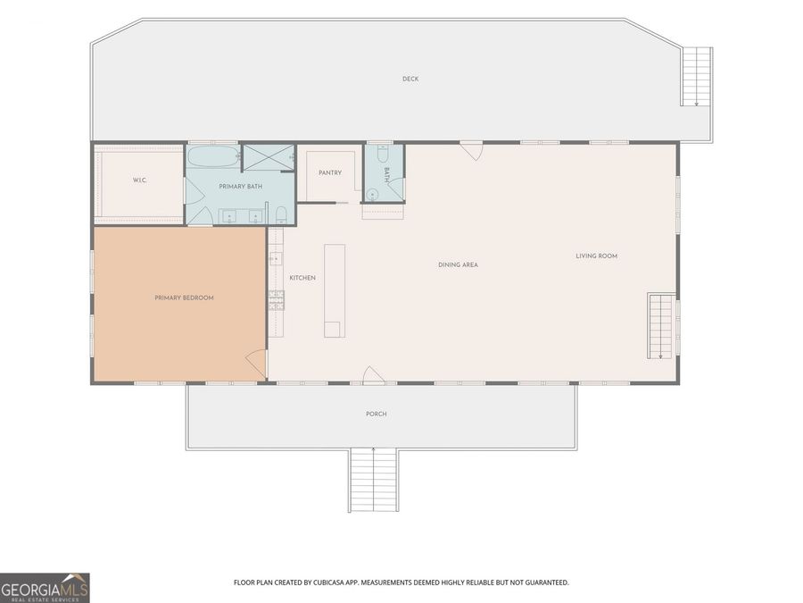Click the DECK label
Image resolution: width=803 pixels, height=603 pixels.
click(410, 79)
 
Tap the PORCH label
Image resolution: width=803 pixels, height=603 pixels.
click(377, 414)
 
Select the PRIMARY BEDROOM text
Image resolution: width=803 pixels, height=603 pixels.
click(185, 297)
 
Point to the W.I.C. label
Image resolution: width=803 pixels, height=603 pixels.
click(139, 180)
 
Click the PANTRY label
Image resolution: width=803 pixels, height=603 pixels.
click(330, 172)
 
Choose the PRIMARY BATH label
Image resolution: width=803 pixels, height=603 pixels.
click(241, 187)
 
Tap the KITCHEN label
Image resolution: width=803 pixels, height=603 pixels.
click(302, 278)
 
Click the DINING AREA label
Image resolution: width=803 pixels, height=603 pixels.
click(459, 265)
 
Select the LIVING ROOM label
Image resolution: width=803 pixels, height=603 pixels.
click(597, 255)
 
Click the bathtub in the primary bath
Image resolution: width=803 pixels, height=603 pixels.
click(213, 155)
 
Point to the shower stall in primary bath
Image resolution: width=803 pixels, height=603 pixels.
click(269, 157)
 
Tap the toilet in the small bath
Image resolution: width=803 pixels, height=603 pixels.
click(383, 153)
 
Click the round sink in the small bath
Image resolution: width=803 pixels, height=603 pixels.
click(373, 195)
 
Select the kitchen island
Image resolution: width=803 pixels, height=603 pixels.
click(335, 290)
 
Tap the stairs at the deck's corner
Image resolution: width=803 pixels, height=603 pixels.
click(697, 77)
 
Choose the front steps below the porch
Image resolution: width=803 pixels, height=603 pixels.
click(374, 480)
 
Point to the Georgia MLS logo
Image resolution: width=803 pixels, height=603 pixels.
click(45, 588)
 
